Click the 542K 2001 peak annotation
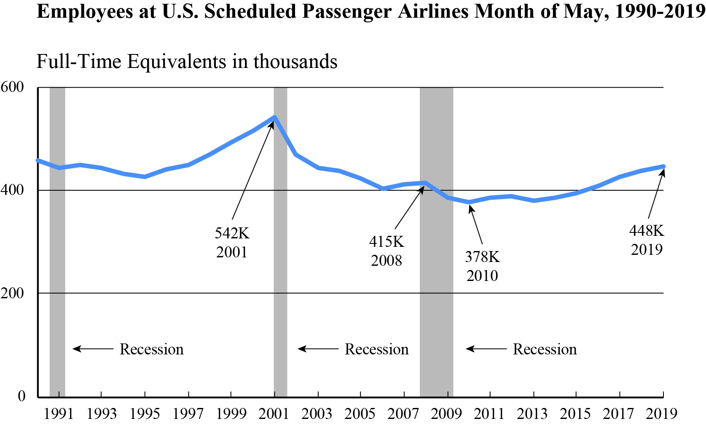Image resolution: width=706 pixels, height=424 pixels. pos(232,243)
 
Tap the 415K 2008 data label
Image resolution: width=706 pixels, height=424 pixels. pos(387,251)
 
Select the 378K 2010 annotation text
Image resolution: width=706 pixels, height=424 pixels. pos(482,266)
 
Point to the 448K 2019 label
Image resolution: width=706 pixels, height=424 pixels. pos(647,240)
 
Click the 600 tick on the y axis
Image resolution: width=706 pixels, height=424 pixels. pos(13,87)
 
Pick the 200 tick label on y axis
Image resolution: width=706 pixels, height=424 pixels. pos(13,293)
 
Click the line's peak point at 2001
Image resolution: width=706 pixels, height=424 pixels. pos(275,117)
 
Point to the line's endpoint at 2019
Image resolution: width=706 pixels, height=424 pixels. pos(663,167)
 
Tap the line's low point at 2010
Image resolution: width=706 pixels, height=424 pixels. pos(469,202)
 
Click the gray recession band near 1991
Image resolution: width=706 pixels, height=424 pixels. pos(57,253)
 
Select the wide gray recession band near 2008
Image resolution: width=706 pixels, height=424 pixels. pos(436,274)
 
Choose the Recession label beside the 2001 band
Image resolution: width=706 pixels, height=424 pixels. pos(376,349)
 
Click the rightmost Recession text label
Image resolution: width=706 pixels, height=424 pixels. pos(545,349)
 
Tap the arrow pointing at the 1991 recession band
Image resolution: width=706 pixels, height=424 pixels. pos(93,349)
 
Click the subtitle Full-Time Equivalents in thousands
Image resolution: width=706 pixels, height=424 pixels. pos(187,62)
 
